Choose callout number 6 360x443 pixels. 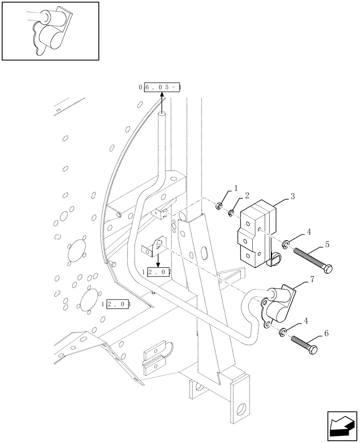click(326, 333)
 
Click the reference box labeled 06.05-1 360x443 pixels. click(161, 87)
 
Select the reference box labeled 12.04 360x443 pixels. click(117, 304)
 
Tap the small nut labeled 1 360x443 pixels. click(219, 206)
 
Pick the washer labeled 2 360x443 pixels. click(231, 214)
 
